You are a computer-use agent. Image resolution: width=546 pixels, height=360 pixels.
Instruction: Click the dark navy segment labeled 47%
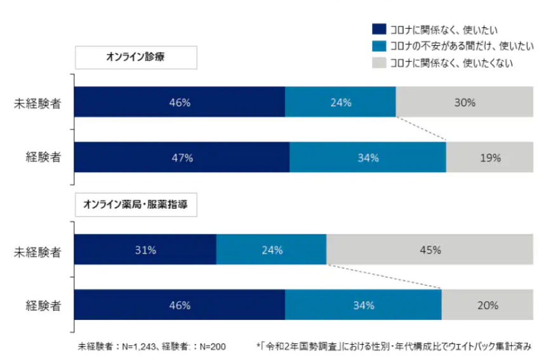[182, 157]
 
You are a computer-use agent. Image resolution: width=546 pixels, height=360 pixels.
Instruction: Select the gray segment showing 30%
[464, 102]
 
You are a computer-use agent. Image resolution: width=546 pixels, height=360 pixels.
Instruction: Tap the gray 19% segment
[489, 157]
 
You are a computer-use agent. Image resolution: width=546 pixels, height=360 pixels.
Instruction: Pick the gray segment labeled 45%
[430, 250]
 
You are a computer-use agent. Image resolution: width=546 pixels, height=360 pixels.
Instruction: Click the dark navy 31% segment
[145, 250]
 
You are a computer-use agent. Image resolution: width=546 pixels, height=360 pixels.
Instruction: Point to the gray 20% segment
[488, 305]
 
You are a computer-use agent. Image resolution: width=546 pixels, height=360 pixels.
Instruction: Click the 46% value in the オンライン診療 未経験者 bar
[180, 102]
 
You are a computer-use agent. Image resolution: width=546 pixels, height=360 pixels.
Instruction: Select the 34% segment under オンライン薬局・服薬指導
[363, 305]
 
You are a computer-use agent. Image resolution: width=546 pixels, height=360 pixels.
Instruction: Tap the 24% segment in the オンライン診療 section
[340, 102]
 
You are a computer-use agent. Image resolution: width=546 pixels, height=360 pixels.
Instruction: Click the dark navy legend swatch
[378, 29]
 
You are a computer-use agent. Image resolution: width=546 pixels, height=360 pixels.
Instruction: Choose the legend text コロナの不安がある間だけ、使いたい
[452, 46]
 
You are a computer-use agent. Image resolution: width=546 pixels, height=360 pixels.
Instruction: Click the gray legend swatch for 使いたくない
[378, 62]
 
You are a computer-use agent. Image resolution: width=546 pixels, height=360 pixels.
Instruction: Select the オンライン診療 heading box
[136, 58]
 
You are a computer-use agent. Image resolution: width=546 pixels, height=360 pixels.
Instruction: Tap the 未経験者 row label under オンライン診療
[38, 103]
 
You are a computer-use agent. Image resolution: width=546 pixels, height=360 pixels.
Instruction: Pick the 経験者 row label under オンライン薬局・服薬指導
[43, 305]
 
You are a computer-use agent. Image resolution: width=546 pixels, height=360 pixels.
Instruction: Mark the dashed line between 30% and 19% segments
[422, 129]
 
